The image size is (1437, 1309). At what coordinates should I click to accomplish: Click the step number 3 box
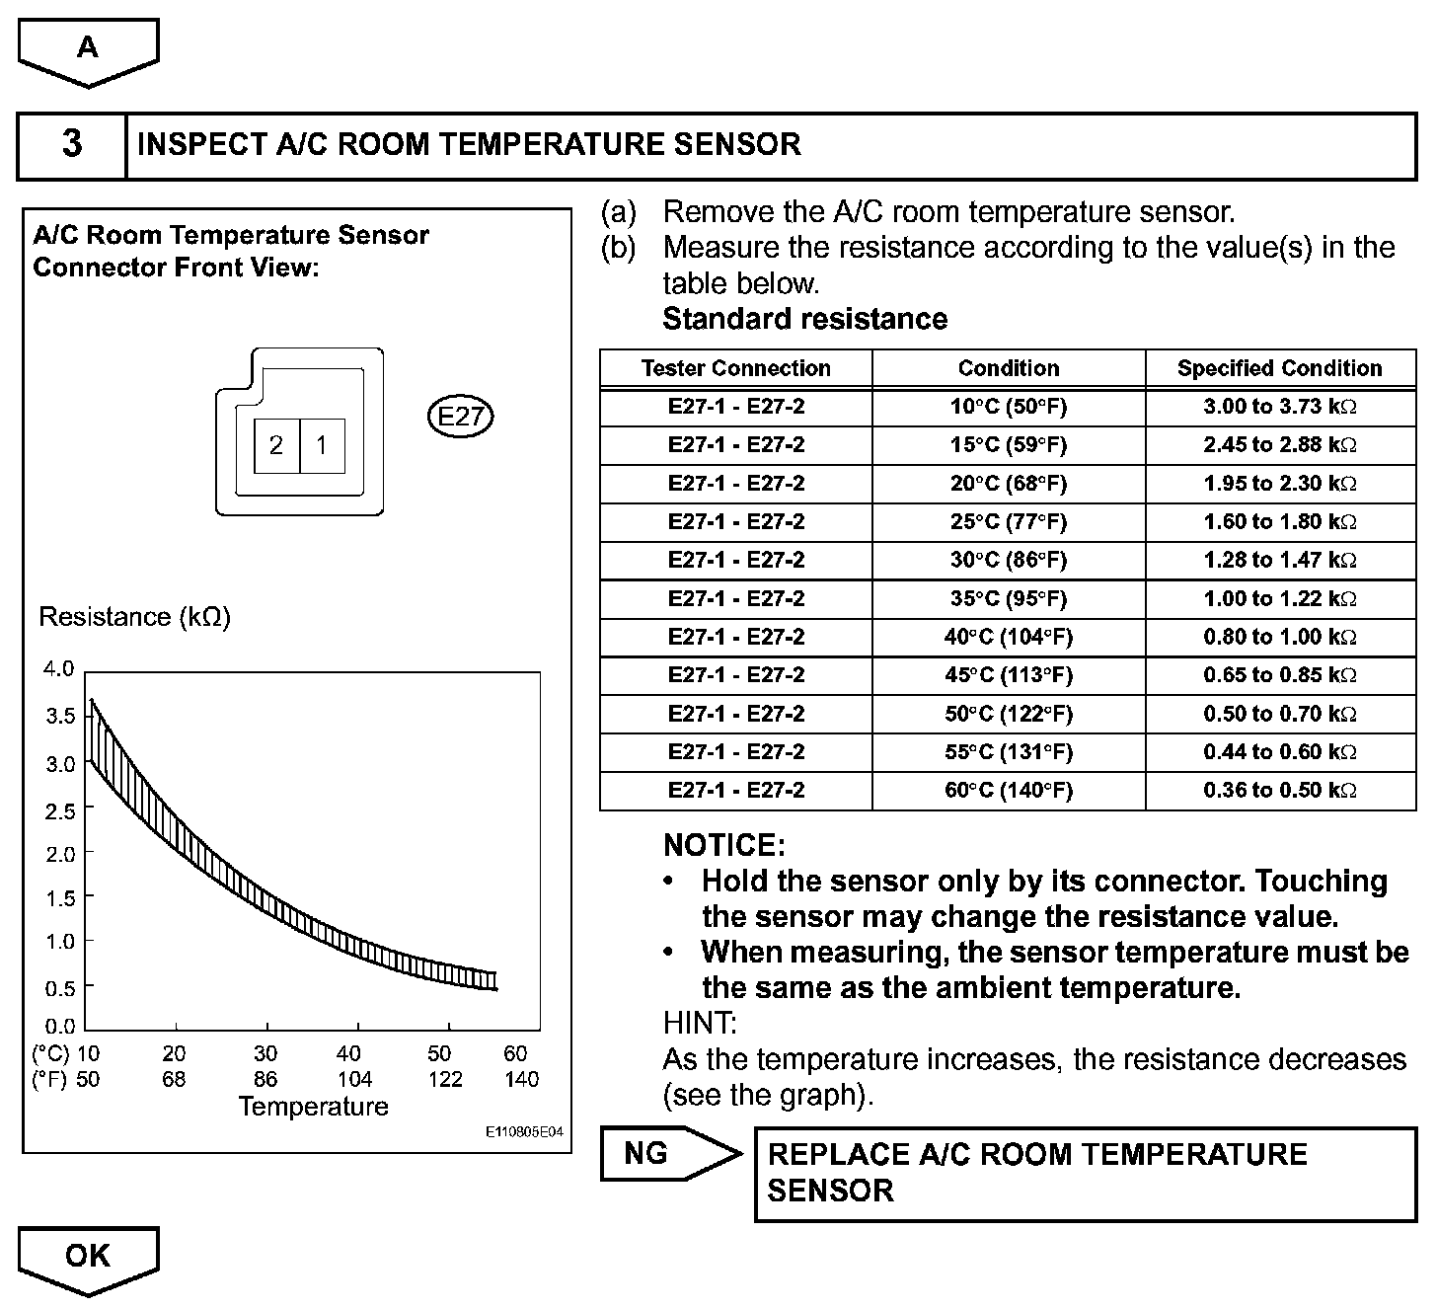coord(72,145)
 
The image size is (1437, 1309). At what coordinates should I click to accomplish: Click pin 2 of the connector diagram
coord(276,445)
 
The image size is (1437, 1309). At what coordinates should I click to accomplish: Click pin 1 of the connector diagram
coord(322,445)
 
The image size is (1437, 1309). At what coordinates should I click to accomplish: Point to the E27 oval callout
coord(460,417)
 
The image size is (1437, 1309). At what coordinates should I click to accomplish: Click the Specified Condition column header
coord(1279,368)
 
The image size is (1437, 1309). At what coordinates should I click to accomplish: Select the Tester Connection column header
coord(736,368)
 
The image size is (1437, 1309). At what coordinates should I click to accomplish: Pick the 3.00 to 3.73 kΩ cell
coord(1279,406)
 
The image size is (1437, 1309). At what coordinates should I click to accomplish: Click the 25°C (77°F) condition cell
coord(1008,521)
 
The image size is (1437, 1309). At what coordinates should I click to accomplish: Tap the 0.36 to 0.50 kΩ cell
coord(1279,790)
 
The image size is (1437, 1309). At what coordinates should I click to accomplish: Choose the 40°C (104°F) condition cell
coord(1008,637)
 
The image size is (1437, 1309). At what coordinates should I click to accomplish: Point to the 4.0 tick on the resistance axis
coord(59,669)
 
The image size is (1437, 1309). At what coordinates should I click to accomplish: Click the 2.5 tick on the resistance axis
coord(59,811)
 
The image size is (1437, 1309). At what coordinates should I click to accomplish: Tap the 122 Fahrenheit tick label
coord(445,1079)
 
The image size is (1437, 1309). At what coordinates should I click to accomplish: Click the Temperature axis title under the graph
coord(314,1107)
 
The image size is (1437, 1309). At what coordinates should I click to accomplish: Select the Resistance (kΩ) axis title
coord(134,617)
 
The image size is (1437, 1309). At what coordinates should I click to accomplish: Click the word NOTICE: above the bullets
coord(724,845)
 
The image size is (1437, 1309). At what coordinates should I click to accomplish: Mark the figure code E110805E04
coord(524,1132)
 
